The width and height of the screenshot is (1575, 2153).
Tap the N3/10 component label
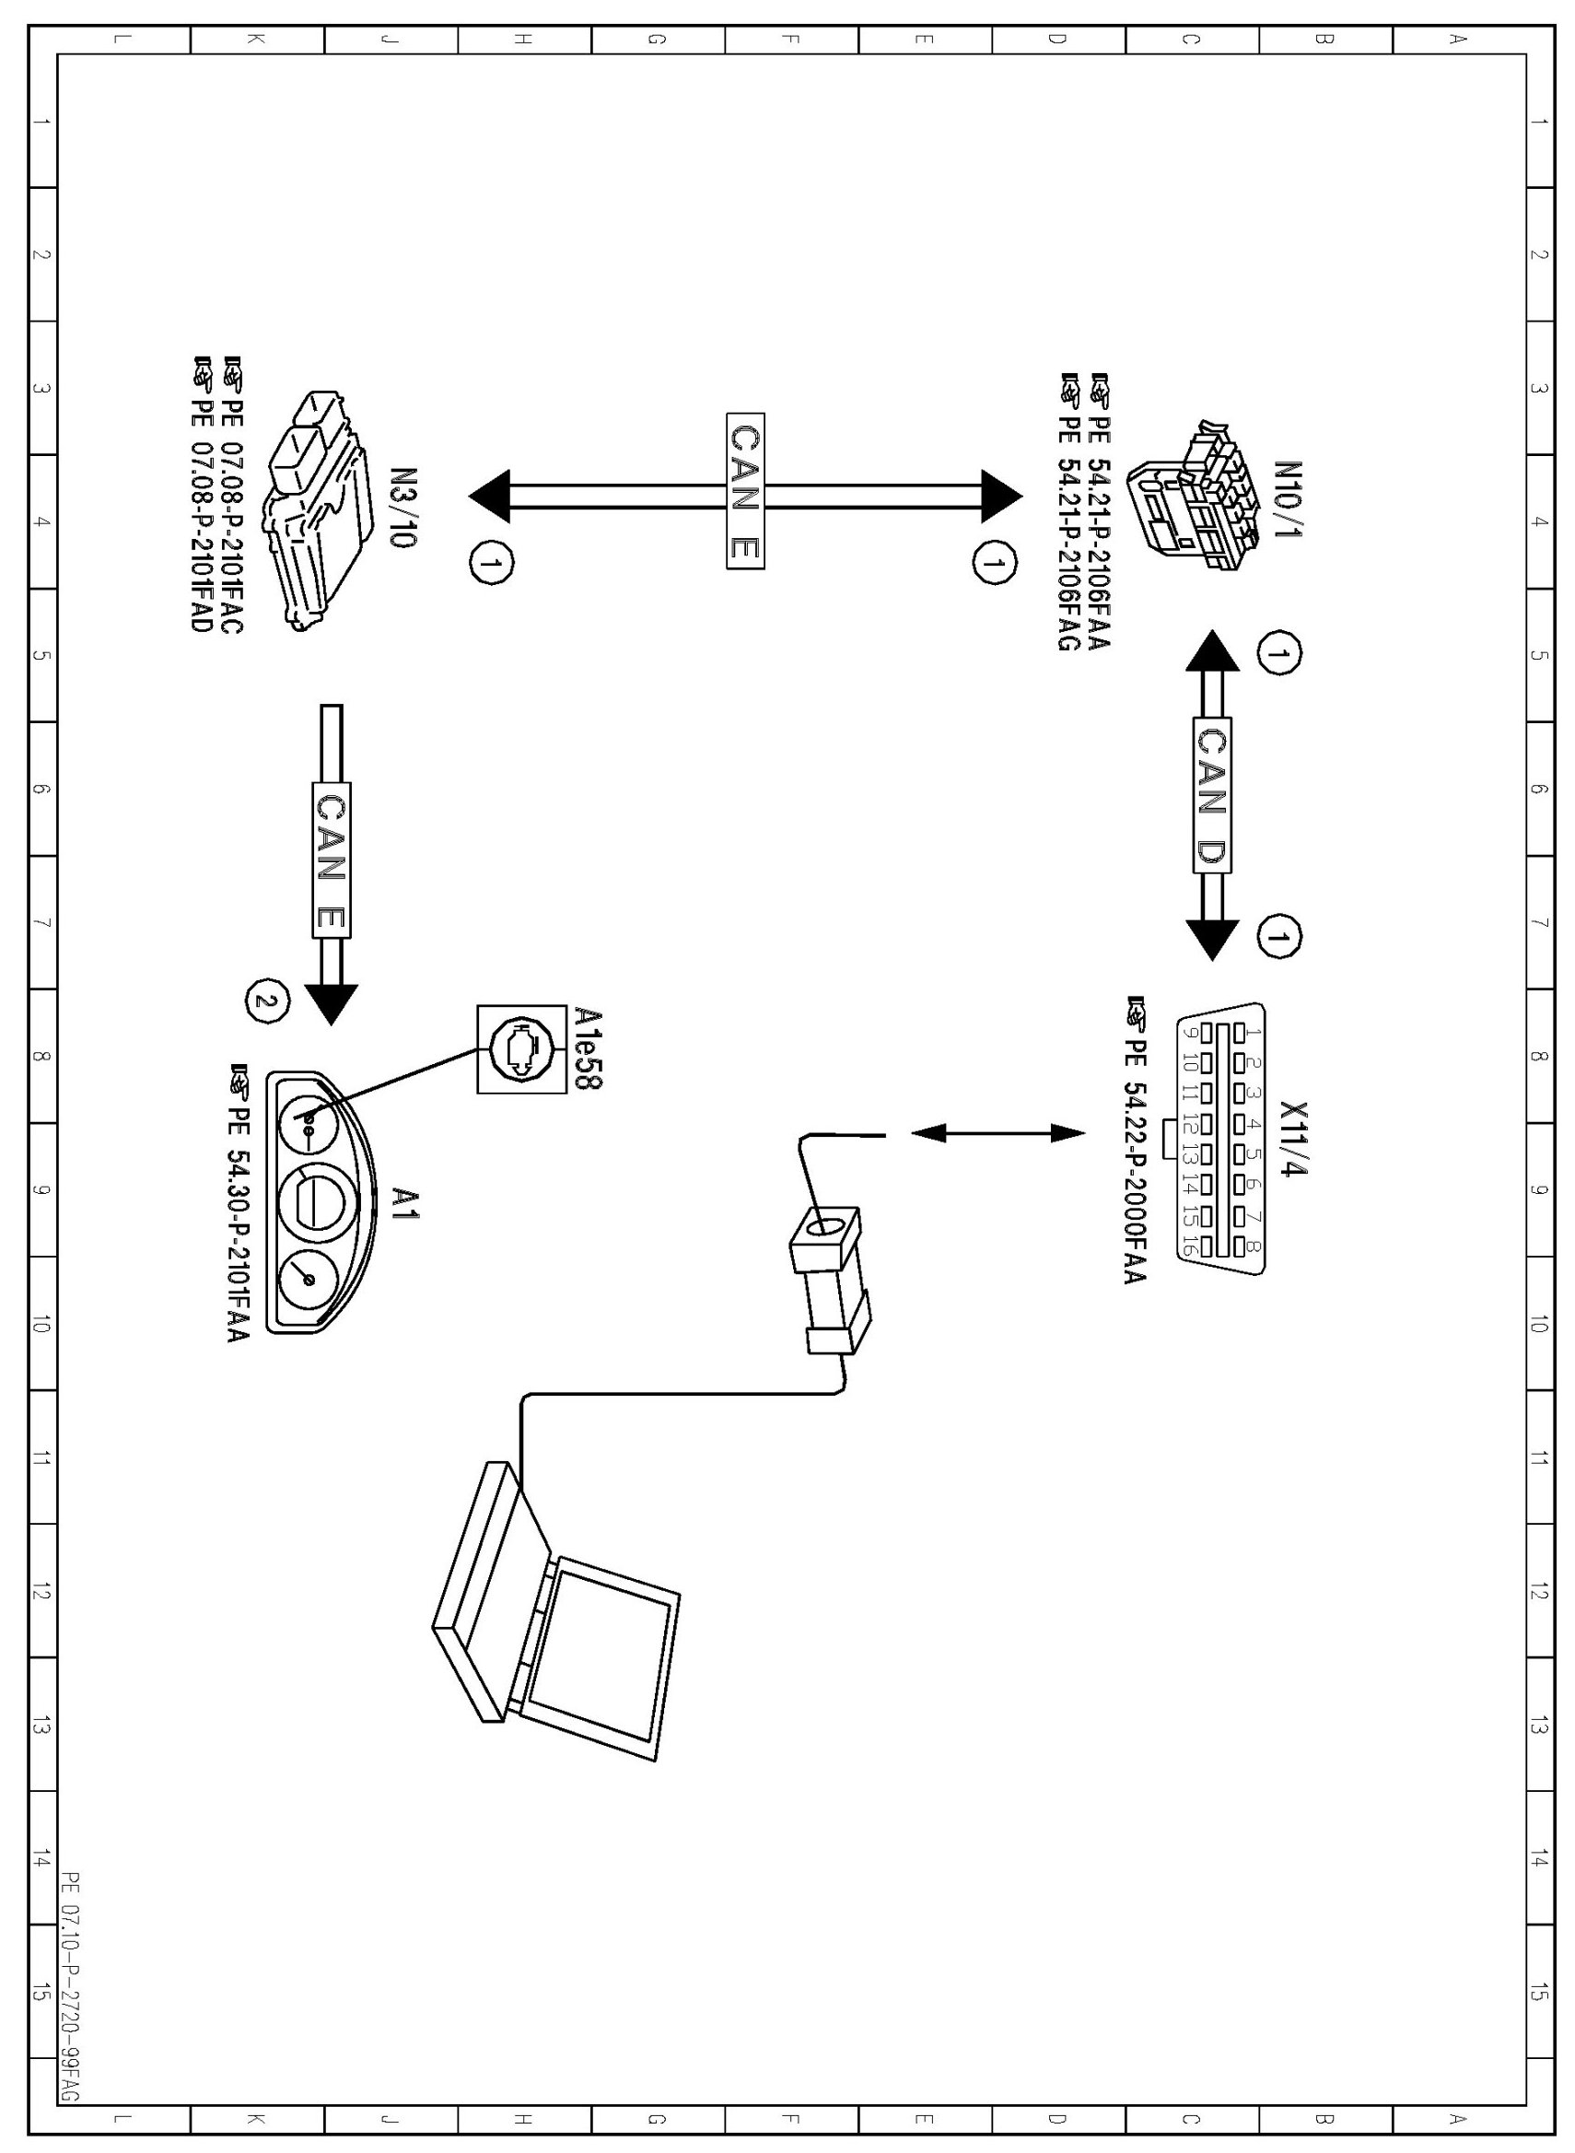click(404, 507)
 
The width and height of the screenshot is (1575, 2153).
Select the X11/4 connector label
click(1294, 1139)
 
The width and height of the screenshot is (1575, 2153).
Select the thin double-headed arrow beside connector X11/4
click(997, 1133)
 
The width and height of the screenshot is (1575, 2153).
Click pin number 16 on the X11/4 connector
click(1189, 1246)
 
